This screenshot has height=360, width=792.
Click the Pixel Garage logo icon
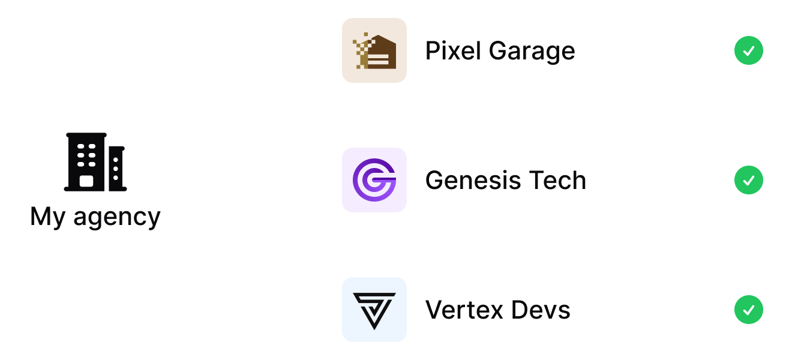[x=374, y=50]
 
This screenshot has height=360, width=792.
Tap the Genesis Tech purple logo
[x=374, y=180]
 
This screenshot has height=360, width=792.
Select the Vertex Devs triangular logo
[x=374, y=310]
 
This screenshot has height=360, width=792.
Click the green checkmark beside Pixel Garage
[x=748, y=50]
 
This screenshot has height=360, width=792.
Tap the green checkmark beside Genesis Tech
[x=748, y=180]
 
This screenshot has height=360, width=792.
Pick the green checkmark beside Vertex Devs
[x=748, y=310]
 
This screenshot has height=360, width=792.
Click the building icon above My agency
[x=95, y=162]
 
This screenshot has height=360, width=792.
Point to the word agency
[x=117, y=218]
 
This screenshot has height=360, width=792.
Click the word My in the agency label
[x=48, y=217]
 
